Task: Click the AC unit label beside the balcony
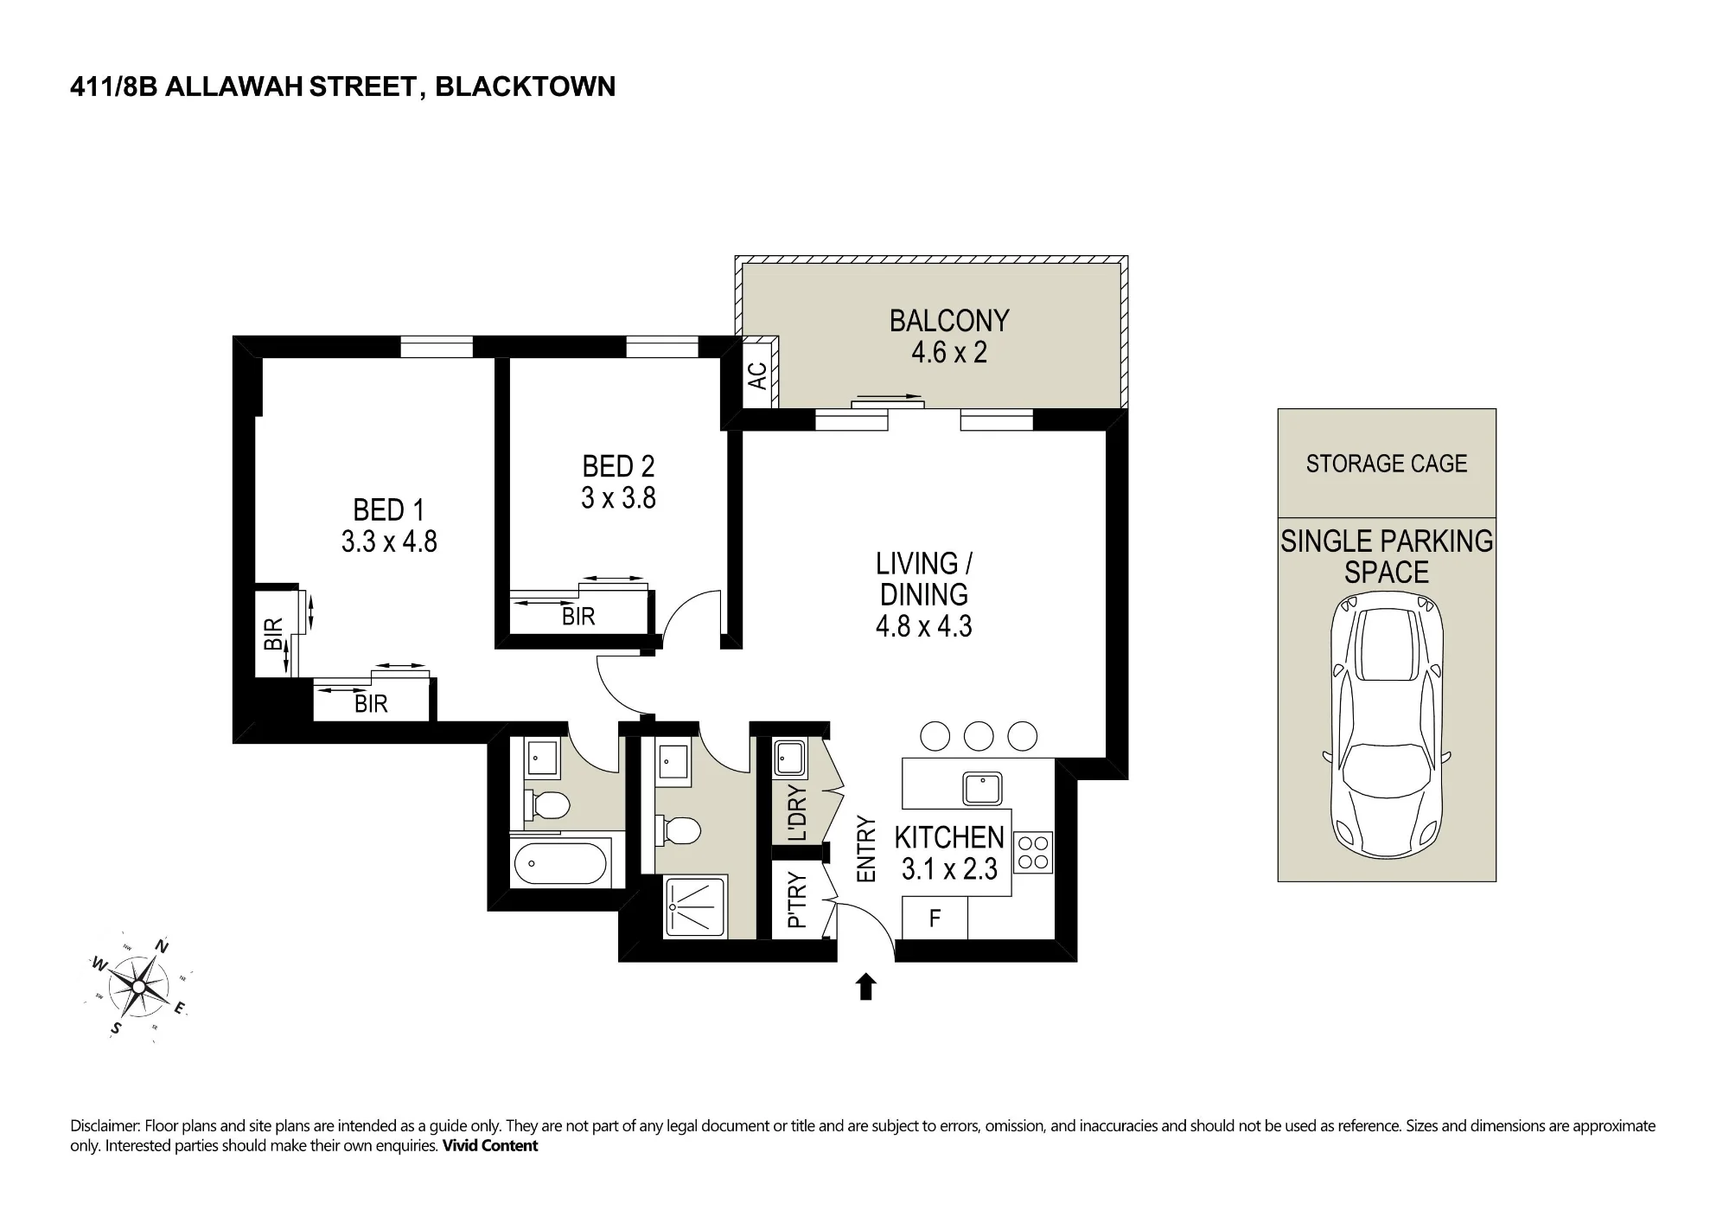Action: click(x=757, y=376)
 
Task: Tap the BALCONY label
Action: click(x=949, y=321)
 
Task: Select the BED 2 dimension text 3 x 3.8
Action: click(x=618, y=498)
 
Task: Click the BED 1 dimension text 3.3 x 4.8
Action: click(x=389, y=541)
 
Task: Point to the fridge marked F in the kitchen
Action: click(x=935, y=918)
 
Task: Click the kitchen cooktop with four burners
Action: click(x=1032, y=852)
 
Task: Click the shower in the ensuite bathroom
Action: click(x=697, y=906)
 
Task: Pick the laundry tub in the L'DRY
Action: click(x=788, y=759)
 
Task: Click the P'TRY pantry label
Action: click(x=797, y=900)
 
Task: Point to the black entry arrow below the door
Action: click(x=865, y=987)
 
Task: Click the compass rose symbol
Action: click(x=138, y=986)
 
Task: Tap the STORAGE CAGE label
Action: click(x=1387, y=464)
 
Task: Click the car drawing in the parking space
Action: click(x=1387, y=725)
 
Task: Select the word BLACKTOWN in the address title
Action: click(x=525, y=86)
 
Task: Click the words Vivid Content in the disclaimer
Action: click(x=490, y=1146)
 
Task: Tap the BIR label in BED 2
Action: click(x=578, y=617)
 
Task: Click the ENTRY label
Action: click(x=865, y=849)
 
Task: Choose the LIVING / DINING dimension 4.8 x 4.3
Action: click(x=923, y=626)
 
